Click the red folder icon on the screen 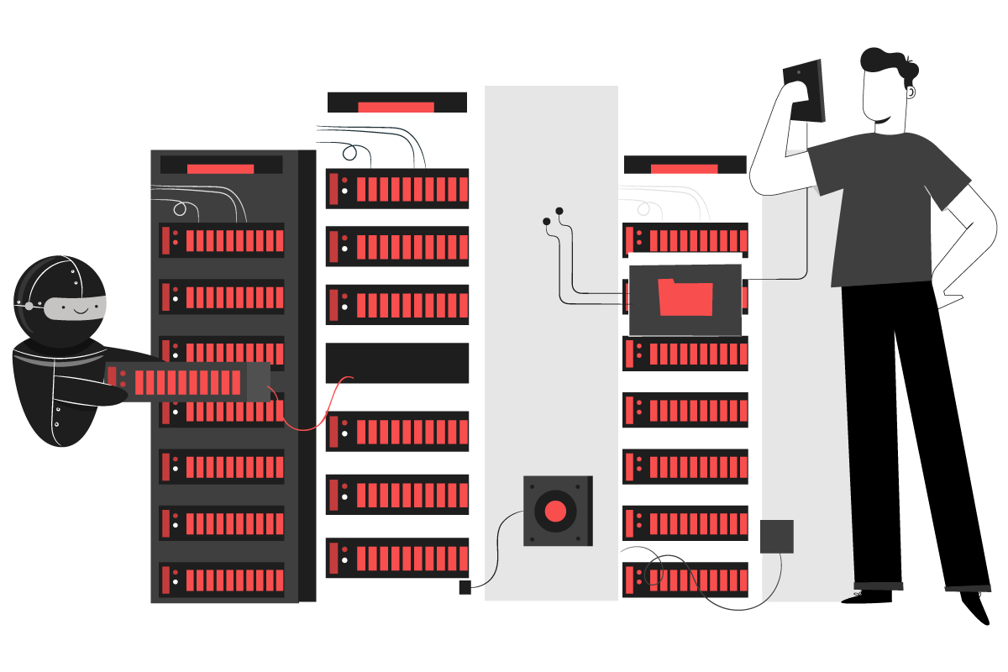click(685, 297)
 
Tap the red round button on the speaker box click(555, 511)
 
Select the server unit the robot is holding click(186, 381)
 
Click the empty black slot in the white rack click(396, 363)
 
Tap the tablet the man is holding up click(804, 91)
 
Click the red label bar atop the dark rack click(220, 169)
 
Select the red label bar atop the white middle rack click(396, 107)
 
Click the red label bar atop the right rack click(684, 169)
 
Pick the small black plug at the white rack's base click(465, 587)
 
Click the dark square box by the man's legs click(776, 536)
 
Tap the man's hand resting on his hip click(949, 299)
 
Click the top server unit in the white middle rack click(396, 189)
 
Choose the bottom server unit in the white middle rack click(396, 558)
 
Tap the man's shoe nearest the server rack click(879, 585)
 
